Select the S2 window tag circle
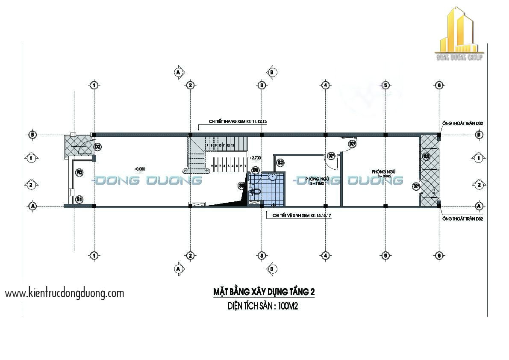click(x=280, y=162)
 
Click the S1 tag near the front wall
click(x=79, y=199)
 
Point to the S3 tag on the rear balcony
click(x=426, y=156)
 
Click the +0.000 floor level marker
click(x=140, y=168)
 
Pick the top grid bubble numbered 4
click(x=325, y=85)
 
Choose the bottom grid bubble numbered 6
click(x=439, y=256)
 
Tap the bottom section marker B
click(x=271, y=269)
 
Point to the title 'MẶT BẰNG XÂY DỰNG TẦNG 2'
click(x=264, y=292)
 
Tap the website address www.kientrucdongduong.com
click(x=65, y=293)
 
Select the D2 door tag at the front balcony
click(x=97, y=147)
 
